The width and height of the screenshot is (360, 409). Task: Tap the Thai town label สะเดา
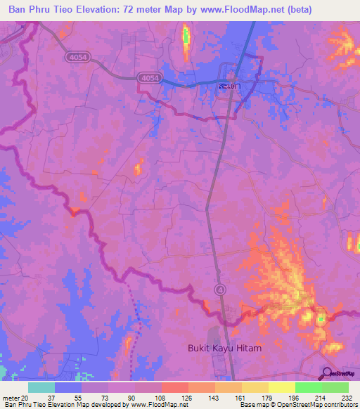point(227,86)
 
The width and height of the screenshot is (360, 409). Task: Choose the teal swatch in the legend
point(41,387)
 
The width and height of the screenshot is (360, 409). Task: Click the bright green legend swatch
point(309,387)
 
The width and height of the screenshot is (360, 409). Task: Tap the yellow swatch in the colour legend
point(282,387)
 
